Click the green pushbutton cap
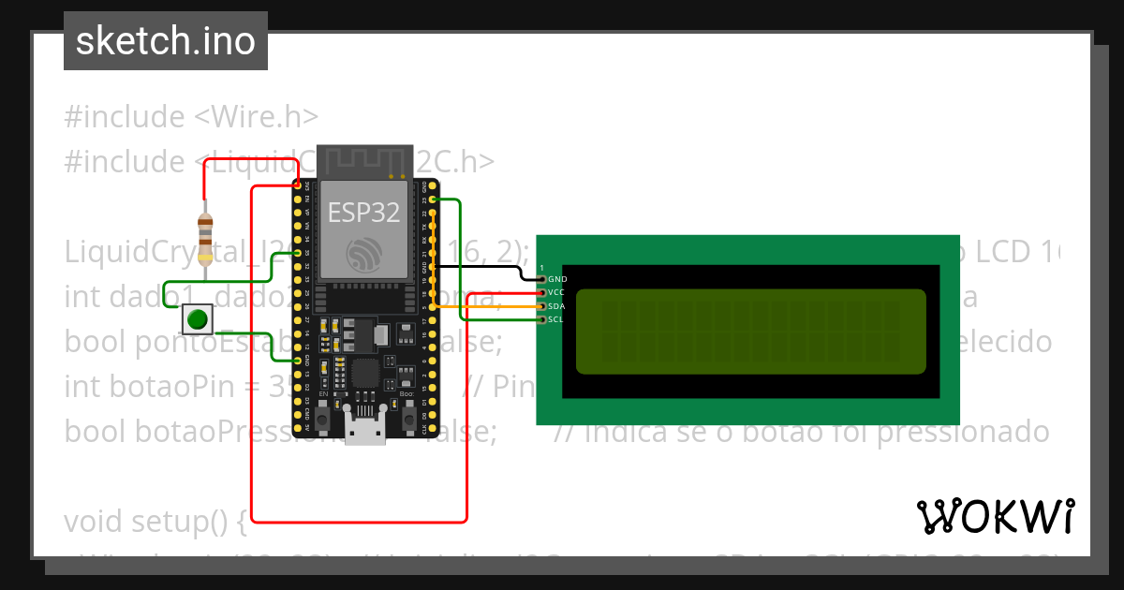197,318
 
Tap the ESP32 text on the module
363,213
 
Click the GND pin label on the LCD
557,279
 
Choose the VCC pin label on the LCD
556,292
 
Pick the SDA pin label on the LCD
556,306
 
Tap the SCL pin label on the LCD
556,319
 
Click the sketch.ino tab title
166,41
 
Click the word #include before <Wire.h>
125,117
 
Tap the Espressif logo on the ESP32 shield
364,254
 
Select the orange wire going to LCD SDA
496,306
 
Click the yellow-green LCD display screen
750,330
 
